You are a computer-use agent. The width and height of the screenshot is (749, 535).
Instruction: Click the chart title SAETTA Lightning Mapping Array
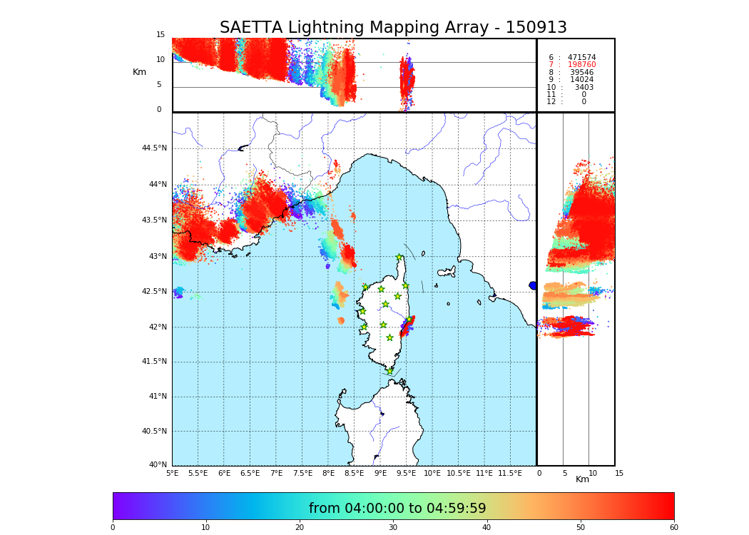click(393, 28)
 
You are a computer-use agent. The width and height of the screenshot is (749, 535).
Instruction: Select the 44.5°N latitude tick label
click(154, 148)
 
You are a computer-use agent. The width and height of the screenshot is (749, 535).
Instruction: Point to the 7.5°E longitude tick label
click(302, 474)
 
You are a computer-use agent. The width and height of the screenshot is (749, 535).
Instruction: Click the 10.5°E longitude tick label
click(458, 474)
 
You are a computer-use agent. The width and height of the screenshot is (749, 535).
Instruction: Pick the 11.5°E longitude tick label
click(510, 474)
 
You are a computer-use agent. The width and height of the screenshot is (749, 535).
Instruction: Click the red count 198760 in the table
click(581, 65)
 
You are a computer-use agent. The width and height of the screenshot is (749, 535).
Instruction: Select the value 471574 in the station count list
click(581, 58)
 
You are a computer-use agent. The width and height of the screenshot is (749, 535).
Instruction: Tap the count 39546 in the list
click(581, 73)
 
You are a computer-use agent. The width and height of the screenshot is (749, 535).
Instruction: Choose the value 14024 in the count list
click(581, 80)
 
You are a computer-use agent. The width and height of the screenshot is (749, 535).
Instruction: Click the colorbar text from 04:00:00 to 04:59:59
click(397, 509)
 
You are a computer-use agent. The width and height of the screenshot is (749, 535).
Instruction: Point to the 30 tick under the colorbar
click(393, 528)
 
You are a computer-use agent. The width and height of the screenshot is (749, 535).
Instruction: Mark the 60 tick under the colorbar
click(673, 528)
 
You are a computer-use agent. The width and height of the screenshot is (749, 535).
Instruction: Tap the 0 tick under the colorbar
click(113, 528)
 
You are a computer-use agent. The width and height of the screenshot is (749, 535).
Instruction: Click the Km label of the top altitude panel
click(139, 72)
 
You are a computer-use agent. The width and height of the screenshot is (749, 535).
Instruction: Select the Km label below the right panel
click(583, 479)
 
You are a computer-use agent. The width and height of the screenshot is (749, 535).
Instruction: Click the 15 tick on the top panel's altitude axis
click(160, 35)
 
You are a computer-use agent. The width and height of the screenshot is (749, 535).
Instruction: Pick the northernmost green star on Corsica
click(399, 258)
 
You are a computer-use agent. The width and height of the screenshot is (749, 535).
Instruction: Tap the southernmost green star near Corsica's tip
click(389, 371)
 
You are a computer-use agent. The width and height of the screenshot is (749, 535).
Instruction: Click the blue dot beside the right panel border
click(532, 285)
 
